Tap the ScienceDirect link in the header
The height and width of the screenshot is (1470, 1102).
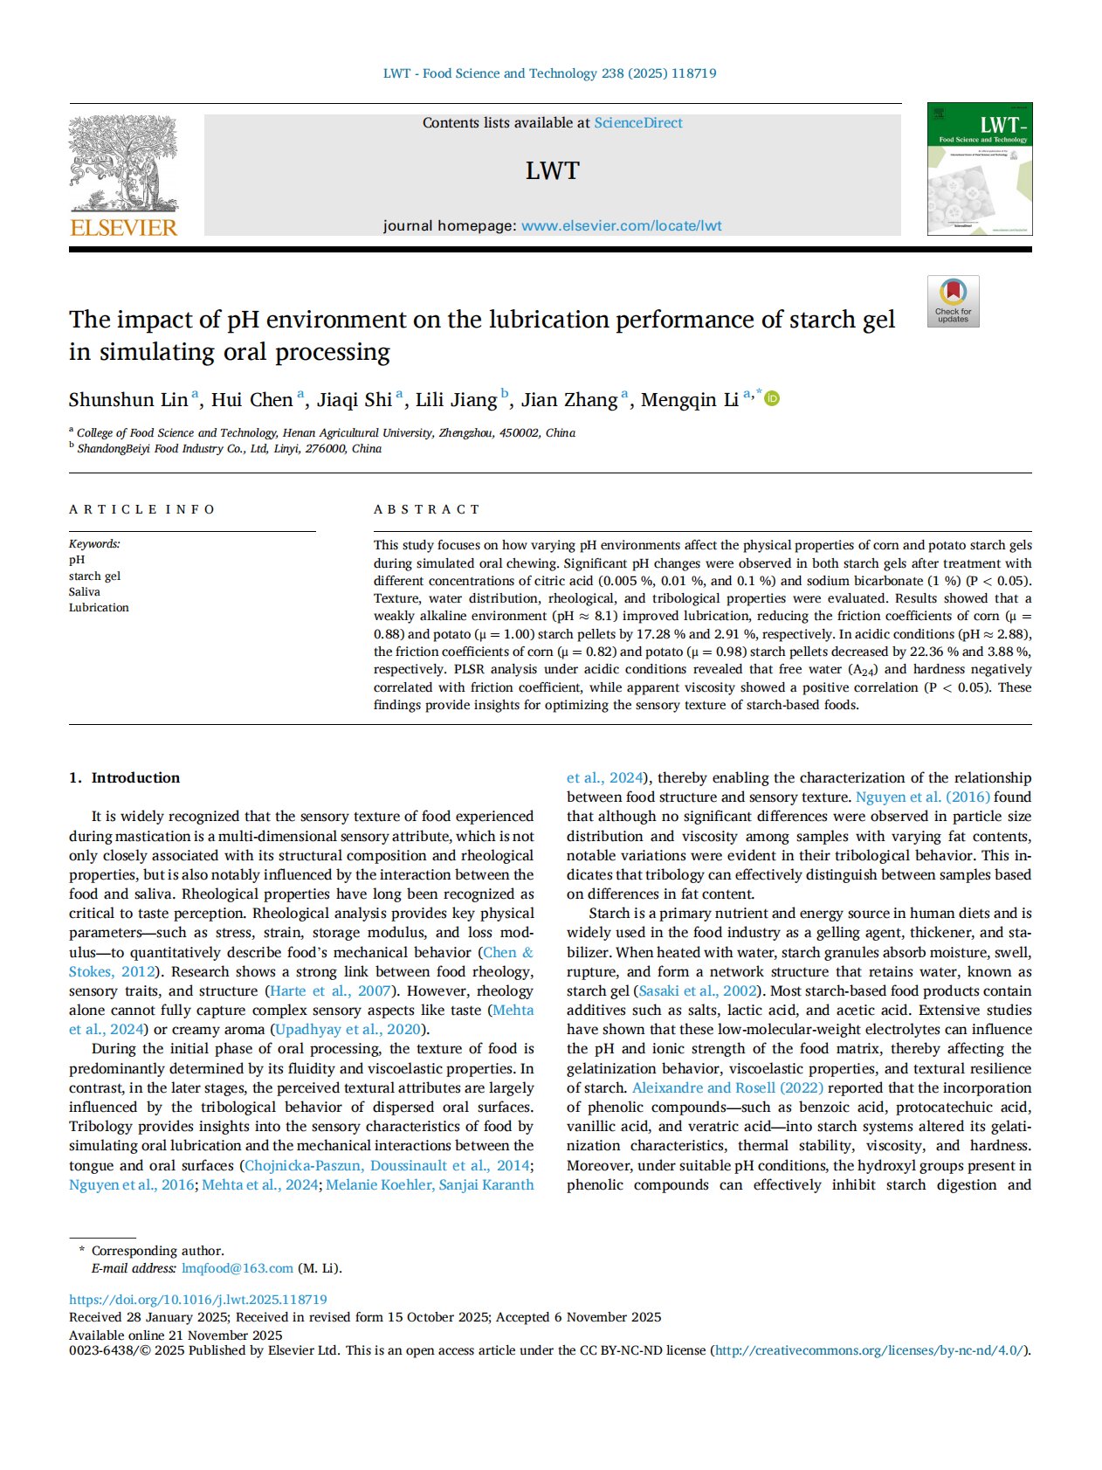[x=638, y=123]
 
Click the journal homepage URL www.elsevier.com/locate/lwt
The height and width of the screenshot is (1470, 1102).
[x=621, y=225]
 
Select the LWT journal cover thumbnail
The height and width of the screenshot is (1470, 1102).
[x=979, y=169]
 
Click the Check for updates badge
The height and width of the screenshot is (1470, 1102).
[x=953, y=301]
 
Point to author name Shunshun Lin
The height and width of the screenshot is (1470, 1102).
[x=128, y=400]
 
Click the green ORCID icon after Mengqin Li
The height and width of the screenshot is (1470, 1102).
[x=773, y=398]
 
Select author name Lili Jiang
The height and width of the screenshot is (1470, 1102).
[x=456, y=400]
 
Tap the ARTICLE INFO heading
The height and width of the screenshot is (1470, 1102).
[x=141, y=509]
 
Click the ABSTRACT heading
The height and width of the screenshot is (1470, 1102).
[x=427, y=509]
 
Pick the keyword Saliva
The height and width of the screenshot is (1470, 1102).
[x=85, y=591]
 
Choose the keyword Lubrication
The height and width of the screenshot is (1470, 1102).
[x=99, y=607]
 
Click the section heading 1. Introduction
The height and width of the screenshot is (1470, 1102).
[x=125, y=777]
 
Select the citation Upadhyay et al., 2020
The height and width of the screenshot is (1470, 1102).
[x=348, y=1029]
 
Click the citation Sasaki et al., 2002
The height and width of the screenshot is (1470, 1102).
[x=699, y=990]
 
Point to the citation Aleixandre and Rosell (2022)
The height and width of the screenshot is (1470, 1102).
[x=727, y=1087]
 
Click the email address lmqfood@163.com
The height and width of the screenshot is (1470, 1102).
[x=237, y=1267]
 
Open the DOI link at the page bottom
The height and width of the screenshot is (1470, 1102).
[x=198, y=1299]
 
